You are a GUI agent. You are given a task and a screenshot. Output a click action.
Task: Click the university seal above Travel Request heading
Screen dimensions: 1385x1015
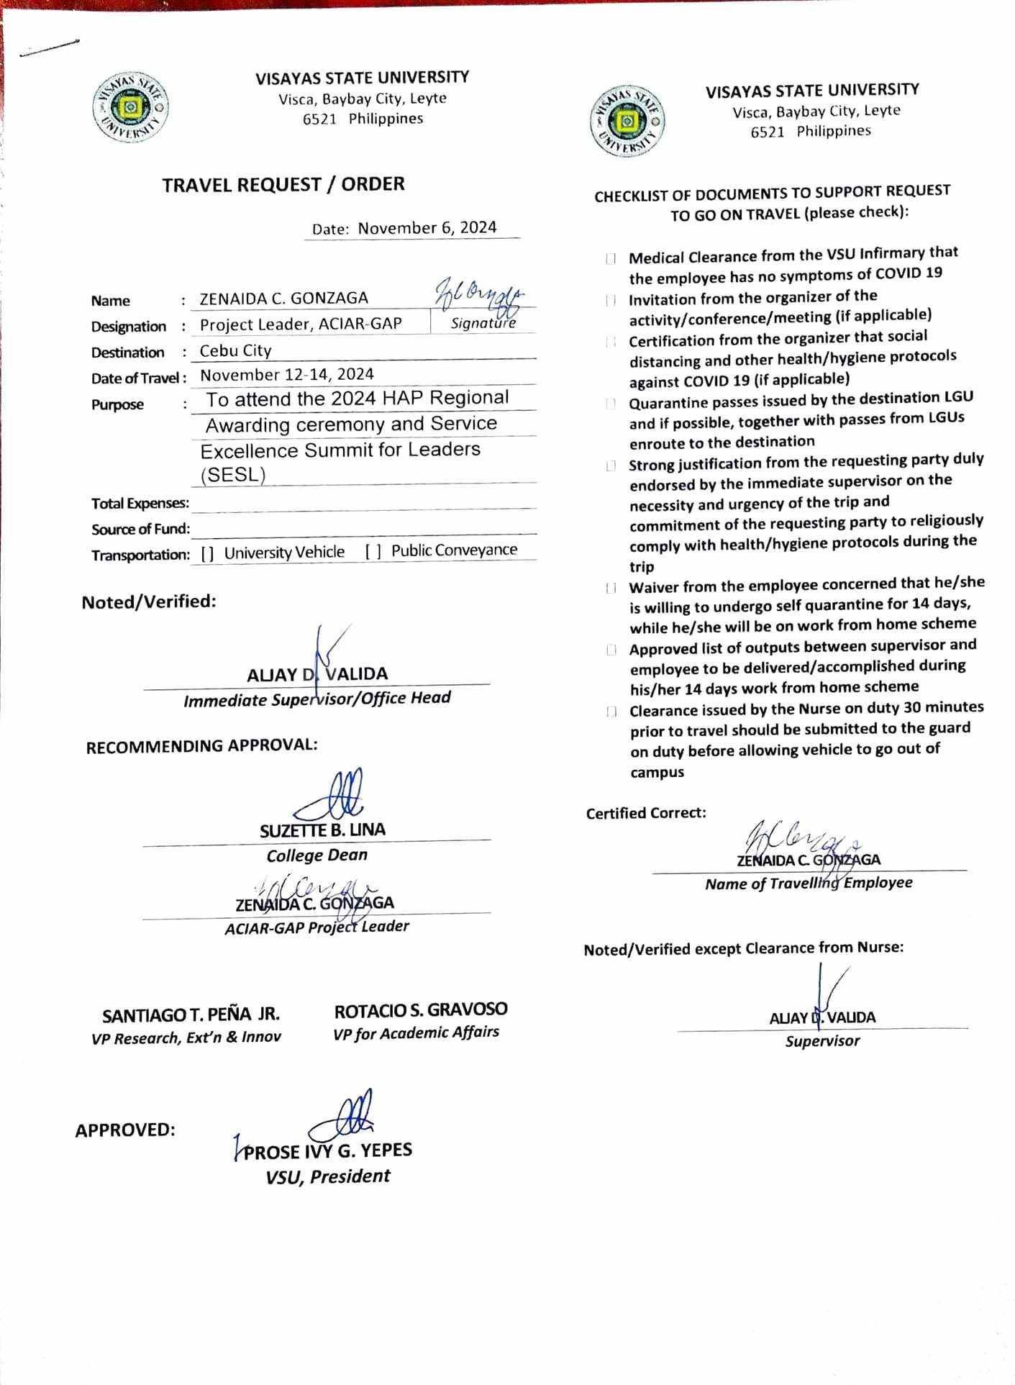click(130, 108)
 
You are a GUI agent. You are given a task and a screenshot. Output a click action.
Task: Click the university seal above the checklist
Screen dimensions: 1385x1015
click(627, 121)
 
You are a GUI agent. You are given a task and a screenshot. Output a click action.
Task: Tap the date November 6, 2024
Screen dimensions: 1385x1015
click(427, 228)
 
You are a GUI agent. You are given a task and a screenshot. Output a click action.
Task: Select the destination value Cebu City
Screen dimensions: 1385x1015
click(235, 351)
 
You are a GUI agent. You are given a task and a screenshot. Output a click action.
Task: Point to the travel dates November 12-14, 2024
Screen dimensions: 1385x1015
click(286, 375)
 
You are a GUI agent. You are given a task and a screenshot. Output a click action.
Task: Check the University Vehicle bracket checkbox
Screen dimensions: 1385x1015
click(207, 553)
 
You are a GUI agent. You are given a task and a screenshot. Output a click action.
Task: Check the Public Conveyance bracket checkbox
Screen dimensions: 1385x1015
click(373, 551)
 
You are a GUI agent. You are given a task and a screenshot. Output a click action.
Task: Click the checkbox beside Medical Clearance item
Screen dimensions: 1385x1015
click(611, 258)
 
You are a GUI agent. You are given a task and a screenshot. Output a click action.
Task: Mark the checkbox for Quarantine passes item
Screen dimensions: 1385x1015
click(611, 404)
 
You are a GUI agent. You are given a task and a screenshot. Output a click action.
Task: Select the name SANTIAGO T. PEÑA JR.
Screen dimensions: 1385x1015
click(191, 1015)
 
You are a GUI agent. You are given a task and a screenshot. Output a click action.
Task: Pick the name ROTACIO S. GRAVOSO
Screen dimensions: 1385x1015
click(420, 1010)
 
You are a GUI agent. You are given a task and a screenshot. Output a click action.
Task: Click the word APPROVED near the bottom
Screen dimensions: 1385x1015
click(125, 1130)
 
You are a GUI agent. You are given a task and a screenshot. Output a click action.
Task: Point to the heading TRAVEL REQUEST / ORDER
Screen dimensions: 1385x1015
click(283, 185)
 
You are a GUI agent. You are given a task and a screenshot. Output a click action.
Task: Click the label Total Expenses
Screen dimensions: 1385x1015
click(140, 503)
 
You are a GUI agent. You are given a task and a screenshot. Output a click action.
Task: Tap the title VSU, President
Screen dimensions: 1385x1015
click(327, 1176)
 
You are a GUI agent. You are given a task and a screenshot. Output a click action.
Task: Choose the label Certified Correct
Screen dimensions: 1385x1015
click(645, 813)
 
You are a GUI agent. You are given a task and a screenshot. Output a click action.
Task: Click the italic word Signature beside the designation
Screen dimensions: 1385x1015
click(483, 323)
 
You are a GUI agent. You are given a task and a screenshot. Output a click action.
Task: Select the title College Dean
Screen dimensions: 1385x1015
click(317, 855)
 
